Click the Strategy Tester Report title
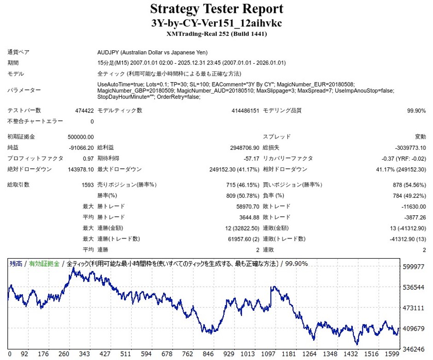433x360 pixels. pos(216,9)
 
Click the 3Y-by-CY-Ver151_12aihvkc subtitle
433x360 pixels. pos(216,23)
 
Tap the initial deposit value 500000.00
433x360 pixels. pos(81,136)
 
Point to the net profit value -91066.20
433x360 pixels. pos(81,148)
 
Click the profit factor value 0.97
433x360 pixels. pos(88,158)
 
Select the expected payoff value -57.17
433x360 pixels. pos(252,158)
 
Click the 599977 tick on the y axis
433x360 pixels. pos(413,266)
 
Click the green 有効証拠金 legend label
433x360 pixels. pos(44,264)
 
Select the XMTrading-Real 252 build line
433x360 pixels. pos(216,34)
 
